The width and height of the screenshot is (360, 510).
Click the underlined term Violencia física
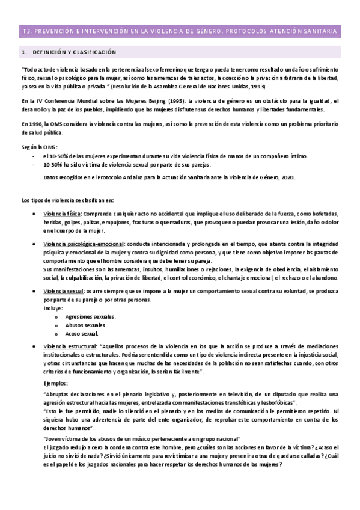62,214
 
